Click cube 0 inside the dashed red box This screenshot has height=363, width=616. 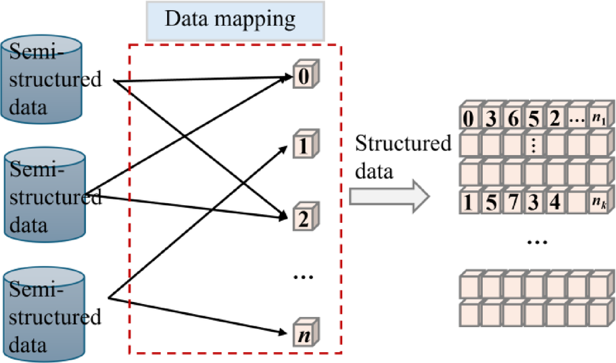point(304,77)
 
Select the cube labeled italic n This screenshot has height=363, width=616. point(304,334)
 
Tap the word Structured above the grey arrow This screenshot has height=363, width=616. point(403,144)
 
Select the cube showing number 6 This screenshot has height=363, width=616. point(513,119)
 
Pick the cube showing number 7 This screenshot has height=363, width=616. point(512,201)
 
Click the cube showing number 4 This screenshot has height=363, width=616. point(555,201)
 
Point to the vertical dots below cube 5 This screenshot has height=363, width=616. point(534,146)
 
